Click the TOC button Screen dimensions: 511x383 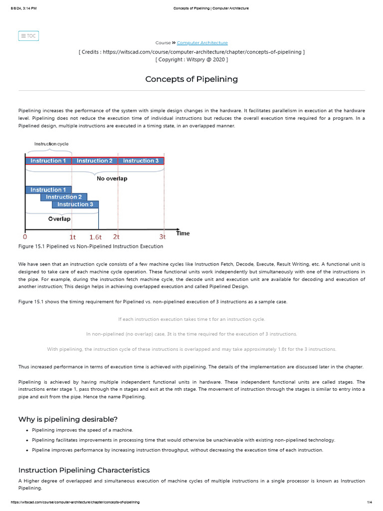click(28, 36)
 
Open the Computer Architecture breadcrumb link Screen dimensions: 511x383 click(202, 43)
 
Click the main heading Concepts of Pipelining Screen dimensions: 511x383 click(191, 79)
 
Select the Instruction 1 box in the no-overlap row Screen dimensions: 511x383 click(48, 161)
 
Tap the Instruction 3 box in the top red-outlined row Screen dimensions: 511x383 click(141, 161)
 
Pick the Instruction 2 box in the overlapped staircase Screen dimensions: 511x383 click(64, 197)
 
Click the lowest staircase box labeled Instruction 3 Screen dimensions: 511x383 click(75, 204)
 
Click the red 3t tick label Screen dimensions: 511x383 click(163, 237)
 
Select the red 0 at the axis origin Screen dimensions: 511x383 click(25, 237)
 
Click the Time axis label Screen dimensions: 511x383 click(183, 233)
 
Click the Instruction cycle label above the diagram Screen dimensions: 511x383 click(51, 144)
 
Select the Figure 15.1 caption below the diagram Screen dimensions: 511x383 click(91, 247)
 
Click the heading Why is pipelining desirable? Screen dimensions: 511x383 click(68, 419)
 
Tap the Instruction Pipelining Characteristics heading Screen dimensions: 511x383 click(84, 470)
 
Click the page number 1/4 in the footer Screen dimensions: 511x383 click(370, 502)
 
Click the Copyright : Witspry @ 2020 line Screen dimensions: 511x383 click(191, 59)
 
